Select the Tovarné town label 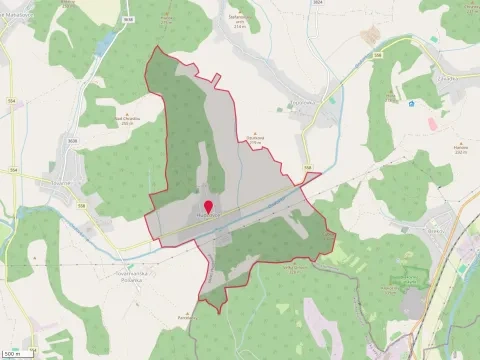coord(53,184)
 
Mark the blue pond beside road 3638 coord(104,44)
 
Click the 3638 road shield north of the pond coord(128,18)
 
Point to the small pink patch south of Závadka coord(431,124)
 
